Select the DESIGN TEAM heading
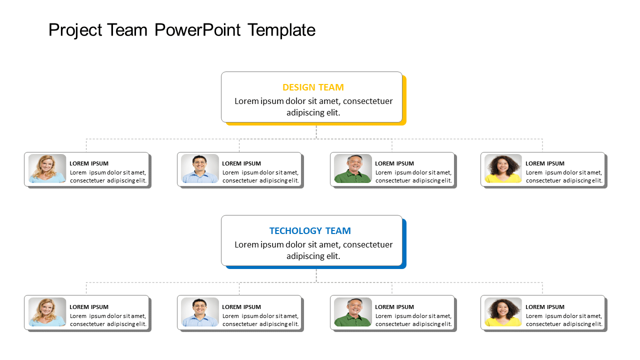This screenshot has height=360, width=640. [x=313, y=87]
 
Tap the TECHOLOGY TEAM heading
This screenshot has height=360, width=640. [x=310, y=231]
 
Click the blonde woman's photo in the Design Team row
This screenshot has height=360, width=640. [x=47, y=168]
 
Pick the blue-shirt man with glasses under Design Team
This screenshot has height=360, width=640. [x=200, y=168]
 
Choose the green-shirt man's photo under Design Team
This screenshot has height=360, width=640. [x=353, y=168]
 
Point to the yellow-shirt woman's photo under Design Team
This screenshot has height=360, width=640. [x=503, y=168]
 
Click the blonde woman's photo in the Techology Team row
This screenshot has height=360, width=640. [x=47, y=312]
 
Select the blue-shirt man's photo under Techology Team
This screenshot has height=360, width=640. [x=200, y=312]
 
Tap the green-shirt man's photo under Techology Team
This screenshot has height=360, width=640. [x=353, y=312]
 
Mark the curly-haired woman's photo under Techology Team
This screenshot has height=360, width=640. [x=503, y=312]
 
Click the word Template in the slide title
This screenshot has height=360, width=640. [x=281, y=30]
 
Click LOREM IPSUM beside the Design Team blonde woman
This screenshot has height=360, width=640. [x=89, y=163]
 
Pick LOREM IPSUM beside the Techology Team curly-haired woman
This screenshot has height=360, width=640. [x=545, y=307]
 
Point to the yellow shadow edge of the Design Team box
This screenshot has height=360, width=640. [x=404, y=100]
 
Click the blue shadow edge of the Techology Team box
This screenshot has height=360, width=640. [x=404, y=243]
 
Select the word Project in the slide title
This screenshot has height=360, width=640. [x=73, y=30]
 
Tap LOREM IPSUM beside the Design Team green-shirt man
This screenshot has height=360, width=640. [x=394, y=163]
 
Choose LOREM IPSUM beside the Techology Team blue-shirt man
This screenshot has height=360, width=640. [x=241, y=307]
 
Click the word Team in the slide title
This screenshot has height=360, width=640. [x=126, y=30]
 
